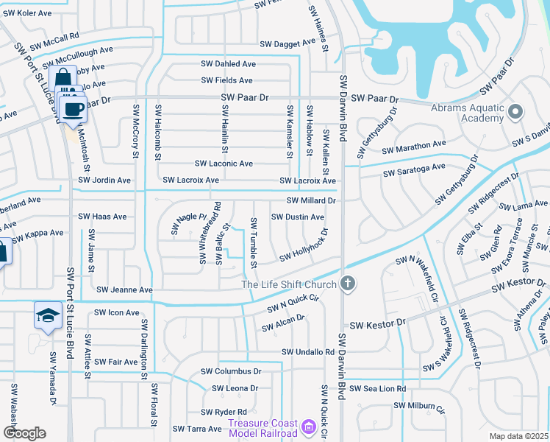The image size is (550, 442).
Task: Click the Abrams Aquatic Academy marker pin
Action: coord(515,112)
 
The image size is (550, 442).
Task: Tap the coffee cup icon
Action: coord(73,110)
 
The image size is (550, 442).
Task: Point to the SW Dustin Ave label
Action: coord(297,217)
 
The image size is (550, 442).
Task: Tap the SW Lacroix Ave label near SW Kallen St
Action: coord(307,180)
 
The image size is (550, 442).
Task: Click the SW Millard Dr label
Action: coord(310,200)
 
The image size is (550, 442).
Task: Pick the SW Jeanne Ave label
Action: coord(124,290)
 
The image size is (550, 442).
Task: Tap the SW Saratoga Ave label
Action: coord(414,170)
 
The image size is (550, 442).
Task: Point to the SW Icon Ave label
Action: coord(116,312)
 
